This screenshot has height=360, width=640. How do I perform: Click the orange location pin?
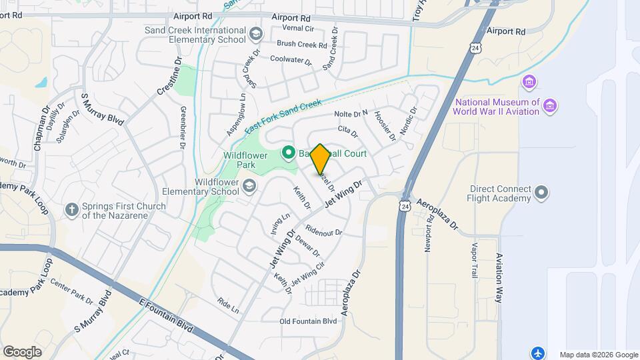[320, 159]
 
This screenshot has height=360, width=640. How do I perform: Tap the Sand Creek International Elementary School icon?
[255, 33]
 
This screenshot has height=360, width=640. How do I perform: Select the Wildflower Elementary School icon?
[249, 185]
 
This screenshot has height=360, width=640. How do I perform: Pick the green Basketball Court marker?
[289, 153]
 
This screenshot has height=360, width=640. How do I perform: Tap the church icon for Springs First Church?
[72, 210]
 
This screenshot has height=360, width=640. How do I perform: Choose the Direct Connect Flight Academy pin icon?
[542, 193]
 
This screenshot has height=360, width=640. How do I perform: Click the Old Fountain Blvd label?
[309, 321]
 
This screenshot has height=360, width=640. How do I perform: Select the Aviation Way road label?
[499, 277]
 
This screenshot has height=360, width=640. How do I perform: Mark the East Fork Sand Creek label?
[283, 114]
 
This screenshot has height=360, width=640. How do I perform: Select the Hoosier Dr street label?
[385, 125]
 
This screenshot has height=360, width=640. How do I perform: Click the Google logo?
[22, 351]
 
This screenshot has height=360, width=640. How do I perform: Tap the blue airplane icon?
[539, 352]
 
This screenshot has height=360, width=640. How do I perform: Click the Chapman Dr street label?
[39, 127]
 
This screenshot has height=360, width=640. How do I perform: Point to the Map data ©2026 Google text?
[598, 355]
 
